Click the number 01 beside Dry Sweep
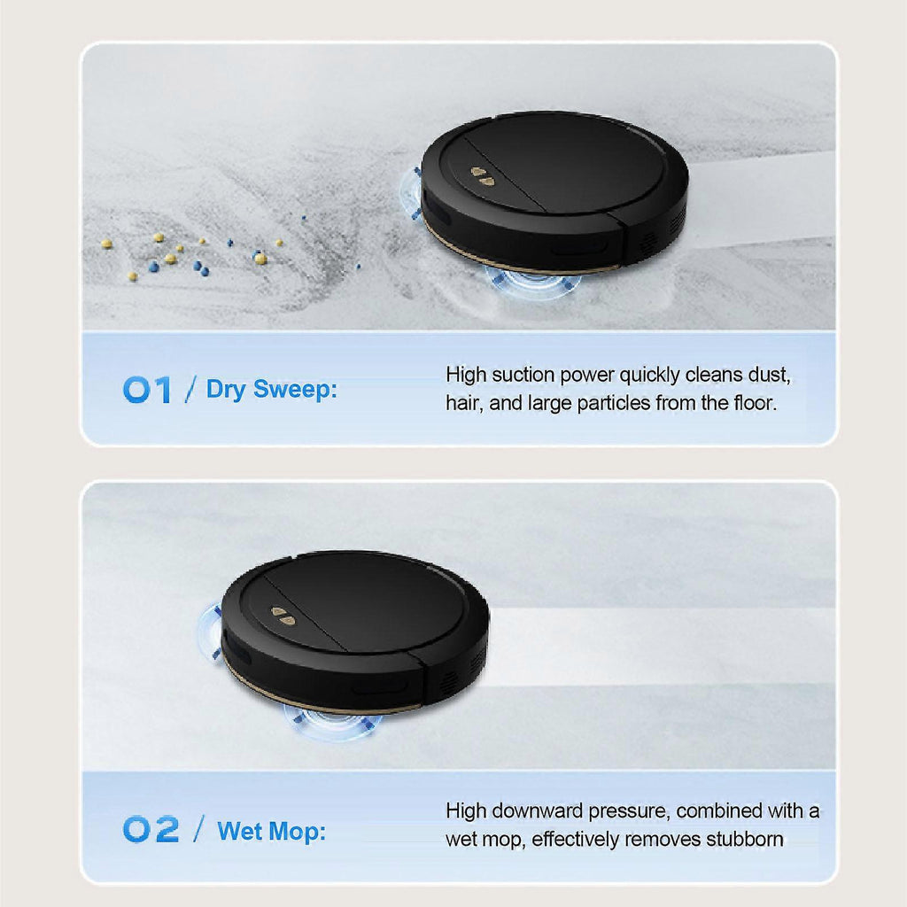[x=147, y=390]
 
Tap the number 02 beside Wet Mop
[x=151, y=829]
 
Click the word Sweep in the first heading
[x=295, y=390]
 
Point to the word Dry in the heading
[x=226, y=391]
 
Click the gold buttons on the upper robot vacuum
[x=483, y=176]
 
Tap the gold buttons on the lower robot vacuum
[x=283, y=616]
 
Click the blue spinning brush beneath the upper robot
[x=532, y=282]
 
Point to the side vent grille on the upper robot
[x=663, y=231]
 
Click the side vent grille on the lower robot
[x=463, y=671]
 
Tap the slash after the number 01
[x=190, y=390]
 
